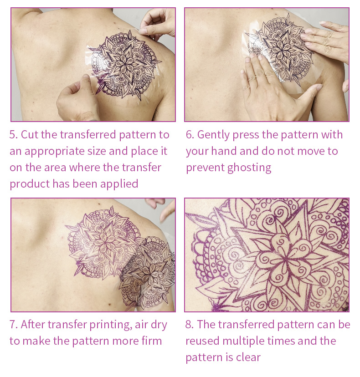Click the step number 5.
(14, 135)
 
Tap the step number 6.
(190, 135)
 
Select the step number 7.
(14, 325)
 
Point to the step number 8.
(190, 325)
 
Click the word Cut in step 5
(30, 135)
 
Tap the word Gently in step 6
(213, 135)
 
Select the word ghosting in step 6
(249, 168)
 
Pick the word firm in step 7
(151, 341)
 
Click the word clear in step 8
(248, 357)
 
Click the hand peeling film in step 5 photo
(157, 22)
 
